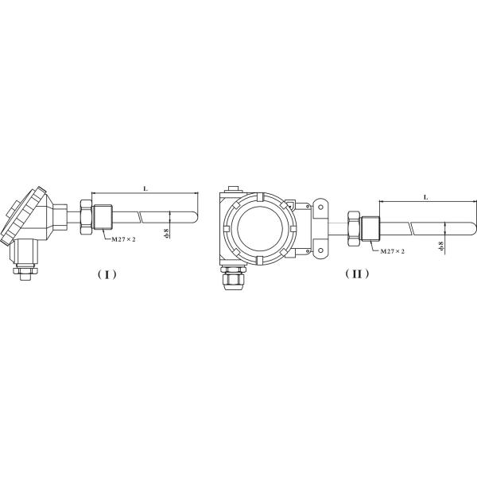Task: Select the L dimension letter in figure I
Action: tap(144, 188)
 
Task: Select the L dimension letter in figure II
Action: tap(426, 196)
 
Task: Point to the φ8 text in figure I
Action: tap(165, 234)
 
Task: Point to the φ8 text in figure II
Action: tap(442, 247)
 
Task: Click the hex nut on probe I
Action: tap(102, 217)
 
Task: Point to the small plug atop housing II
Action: tap(231, 190)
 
